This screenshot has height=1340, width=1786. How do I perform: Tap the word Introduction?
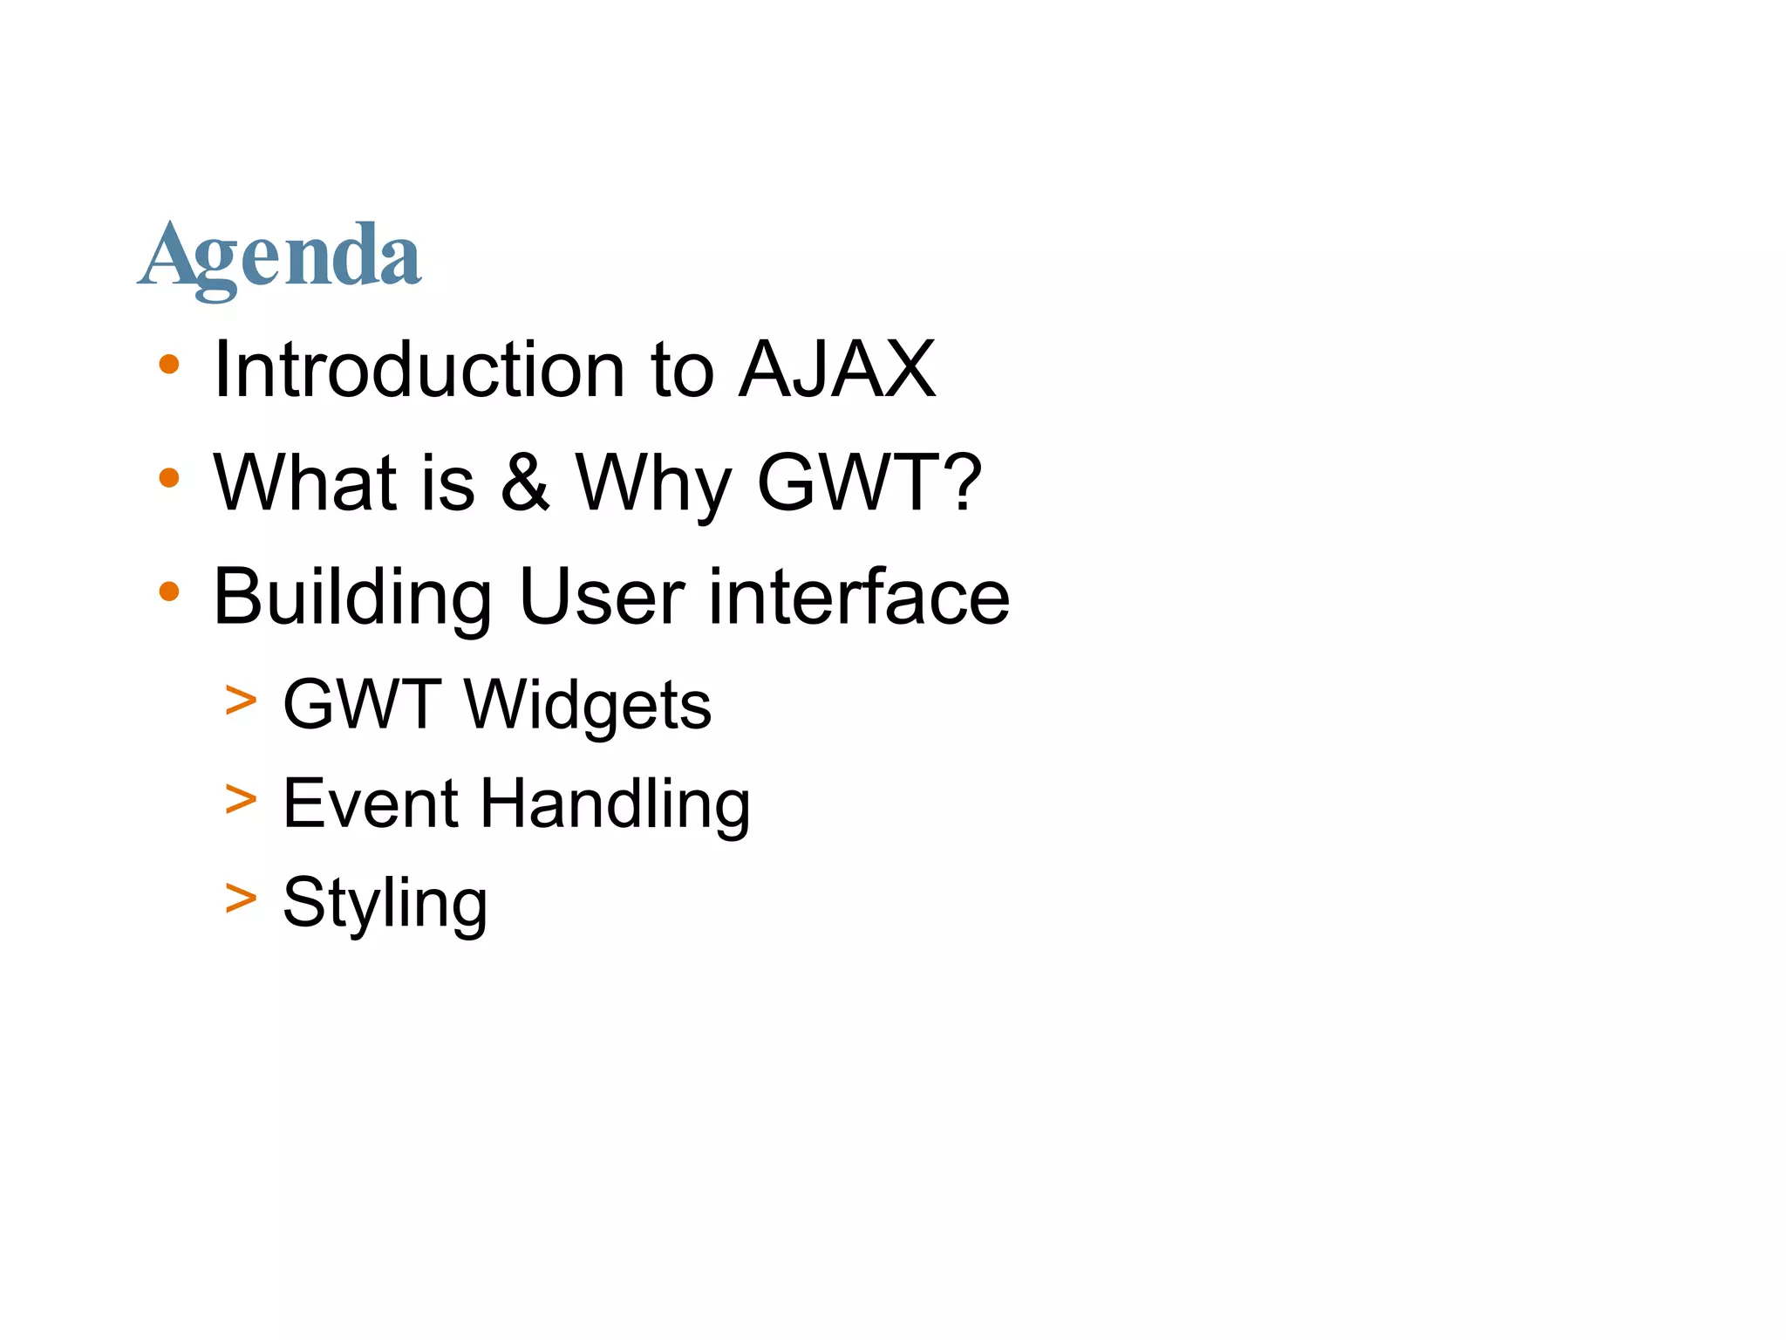pyautogui.click(x=419, y=370)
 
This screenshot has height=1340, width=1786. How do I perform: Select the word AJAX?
pyautogui.click(x=837, y=370)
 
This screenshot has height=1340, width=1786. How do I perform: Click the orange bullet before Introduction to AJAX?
pyautogui.click(x=169, y=365)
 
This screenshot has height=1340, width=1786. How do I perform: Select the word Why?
pyautogui.click(x=654, y=485)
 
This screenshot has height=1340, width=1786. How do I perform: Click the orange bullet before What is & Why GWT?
pyautogui.click(x=169, y=478)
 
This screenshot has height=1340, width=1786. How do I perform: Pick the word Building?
pyautogui.click(x=352, y=598)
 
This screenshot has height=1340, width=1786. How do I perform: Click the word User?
pyautogui.click(x=601, y=598)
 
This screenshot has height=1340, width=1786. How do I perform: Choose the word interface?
pyautogui.click(x=859, y=597)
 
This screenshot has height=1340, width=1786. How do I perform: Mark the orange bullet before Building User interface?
pyautogui.click(x=169, y=592)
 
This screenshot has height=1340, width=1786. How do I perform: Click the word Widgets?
pyautogui.click(x=588, y=705)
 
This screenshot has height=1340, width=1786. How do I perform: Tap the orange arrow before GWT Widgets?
pyautogui.click(x=241, y=701)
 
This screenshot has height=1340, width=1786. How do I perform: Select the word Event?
pyautogui.click(x=371, y=803)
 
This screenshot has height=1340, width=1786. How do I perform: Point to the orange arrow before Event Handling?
pyautogui.click(x=241, y=799)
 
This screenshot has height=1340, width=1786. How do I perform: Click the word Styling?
pyautogui.click(x=385, y=904)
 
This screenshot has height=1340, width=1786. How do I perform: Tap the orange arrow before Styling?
pyautogui.click(x=241, y=899)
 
